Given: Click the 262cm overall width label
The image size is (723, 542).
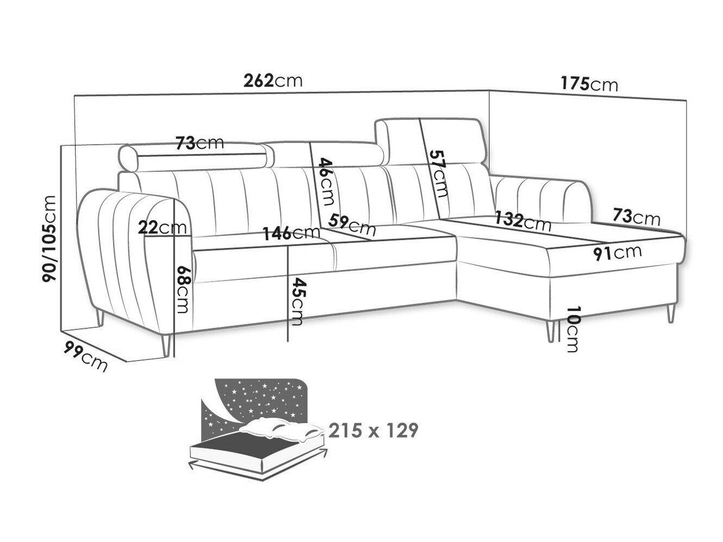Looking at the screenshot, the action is [273, 80].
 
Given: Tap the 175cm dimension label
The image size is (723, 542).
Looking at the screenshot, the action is [589, 84].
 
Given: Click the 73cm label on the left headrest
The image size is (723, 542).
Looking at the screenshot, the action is [200, 143].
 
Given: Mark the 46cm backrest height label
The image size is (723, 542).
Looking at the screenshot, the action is [326, 182].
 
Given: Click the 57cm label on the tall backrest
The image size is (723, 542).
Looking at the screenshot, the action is [439, 173].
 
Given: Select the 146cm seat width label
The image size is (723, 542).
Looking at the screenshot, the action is [291, 233].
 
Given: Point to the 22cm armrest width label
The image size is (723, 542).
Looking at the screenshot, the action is [162, 227].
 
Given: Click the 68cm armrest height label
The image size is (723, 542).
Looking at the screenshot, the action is [183, 289].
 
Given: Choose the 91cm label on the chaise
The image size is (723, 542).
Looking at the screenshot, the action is [618, 253].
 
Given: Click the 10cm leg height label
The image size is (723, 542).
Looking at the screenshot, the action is [572, 329].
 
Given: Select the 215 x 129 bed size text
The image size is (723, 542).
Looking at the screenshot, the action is [373, 430].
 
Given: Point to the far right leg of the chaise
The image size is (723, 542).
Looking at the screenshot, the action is [671, 313].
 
